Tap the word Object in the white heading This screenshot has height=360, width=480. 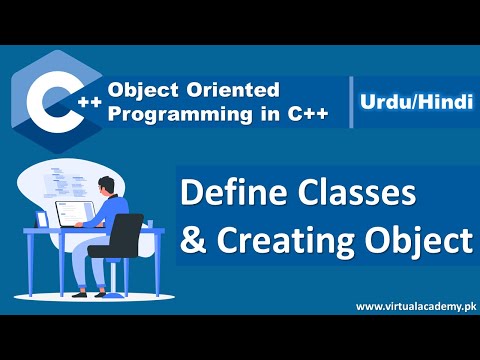click(x=418, y=241)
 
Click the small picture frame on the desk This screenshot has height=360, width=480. click(x=43, y=218)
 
